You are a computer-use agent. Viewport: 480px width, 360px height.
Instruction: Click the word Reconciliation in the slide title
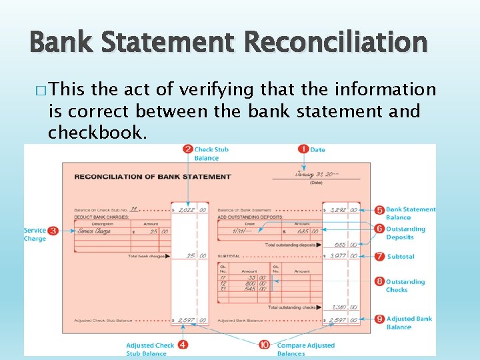(335, 43)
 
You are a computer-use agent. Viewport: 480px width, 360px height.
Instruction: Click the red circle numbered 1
(303, 149)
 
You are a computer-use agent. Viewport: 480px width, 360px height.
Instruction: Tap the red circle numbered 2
(188, 149)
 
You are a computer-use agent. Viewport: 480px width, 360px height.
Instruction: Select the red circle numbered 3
(53, 231)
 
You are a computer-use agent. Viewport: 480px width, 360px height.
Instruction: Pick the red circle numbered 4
(183, 345)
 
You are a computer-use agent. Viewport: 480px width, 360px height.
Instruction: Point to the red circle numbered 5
(379, 210)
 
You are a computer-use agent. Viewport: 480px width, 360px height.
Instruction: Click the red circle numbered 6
(379, 229)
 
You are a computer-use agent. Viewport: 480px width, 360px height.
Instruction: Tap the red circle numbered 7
(379, 256)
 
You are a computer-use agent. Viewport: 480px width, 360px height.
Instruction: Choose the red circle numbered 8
(379, 282)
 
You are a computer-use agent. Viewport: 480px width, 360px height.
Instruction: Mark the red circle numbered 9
(379, 319)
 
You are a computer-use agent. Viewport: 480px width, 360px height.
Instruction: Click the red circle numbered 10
(265, 345)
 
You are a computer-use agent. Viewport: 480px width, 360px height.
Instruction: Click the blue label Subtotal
(401, 257)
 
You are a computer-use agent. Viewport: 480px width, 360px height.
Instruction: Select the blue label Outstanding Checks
(405, 286)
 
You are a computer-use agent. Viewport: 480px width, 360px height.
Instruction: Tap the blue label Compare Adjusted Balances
(305, 349)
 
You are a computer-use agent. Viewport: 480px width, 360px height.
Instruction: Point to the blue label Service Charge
(35, 235)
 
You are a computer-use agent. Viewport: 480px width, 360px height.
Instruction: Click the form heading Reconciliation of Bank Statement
(153, 177)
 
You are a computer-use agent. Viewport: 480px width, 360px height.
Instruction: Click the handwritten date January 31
(317, 175)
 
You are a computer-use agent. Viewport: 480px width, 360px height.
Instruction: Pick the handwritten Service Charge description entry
(94, 231)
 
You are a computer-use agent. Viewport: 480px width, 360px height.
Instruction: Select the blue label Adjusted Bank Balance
(409, 323)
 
